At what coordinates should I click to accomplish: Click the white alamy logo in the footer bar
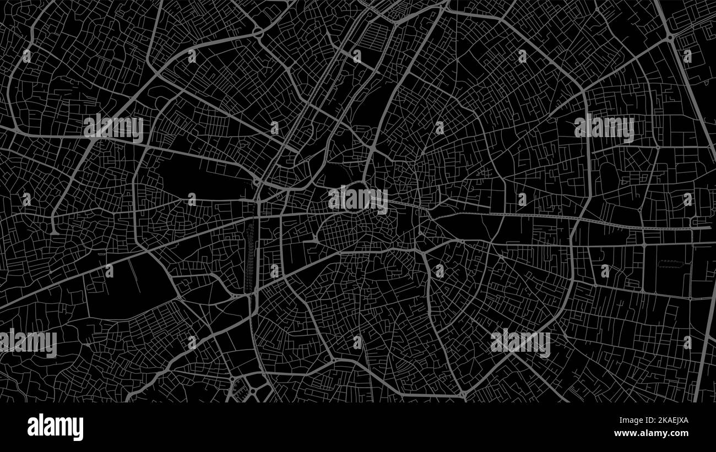[55, 427]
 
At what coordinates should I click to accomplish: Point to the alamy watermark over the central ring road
[358, 199]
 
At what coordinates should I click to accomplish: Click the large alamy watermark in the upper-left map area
[113, 128]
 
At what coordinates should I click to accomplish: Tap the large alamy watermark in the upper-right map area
[604, 128]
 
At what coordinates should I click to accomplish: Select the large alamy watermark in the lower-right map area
[520, 342]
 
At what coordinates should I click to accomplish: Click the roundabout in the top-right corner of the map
[670, 37]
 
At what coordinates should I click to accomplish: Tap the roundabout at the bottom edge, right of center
[463, 394]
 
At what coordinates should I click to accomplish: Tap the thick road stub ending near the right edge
[702, 227]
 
